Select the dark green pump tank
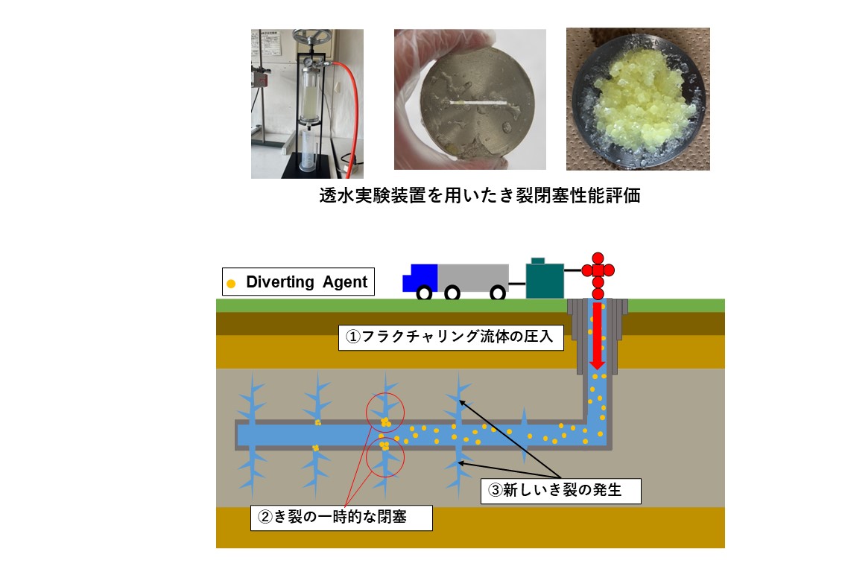point(545,279)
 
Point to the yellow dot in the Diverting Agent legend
point(231,283)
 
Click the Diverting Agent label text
point(306,282)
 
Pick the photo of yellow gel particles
point(638,99)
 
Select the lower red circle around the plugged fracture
point(384,457)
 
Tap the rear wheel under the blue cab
point(424,293)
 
